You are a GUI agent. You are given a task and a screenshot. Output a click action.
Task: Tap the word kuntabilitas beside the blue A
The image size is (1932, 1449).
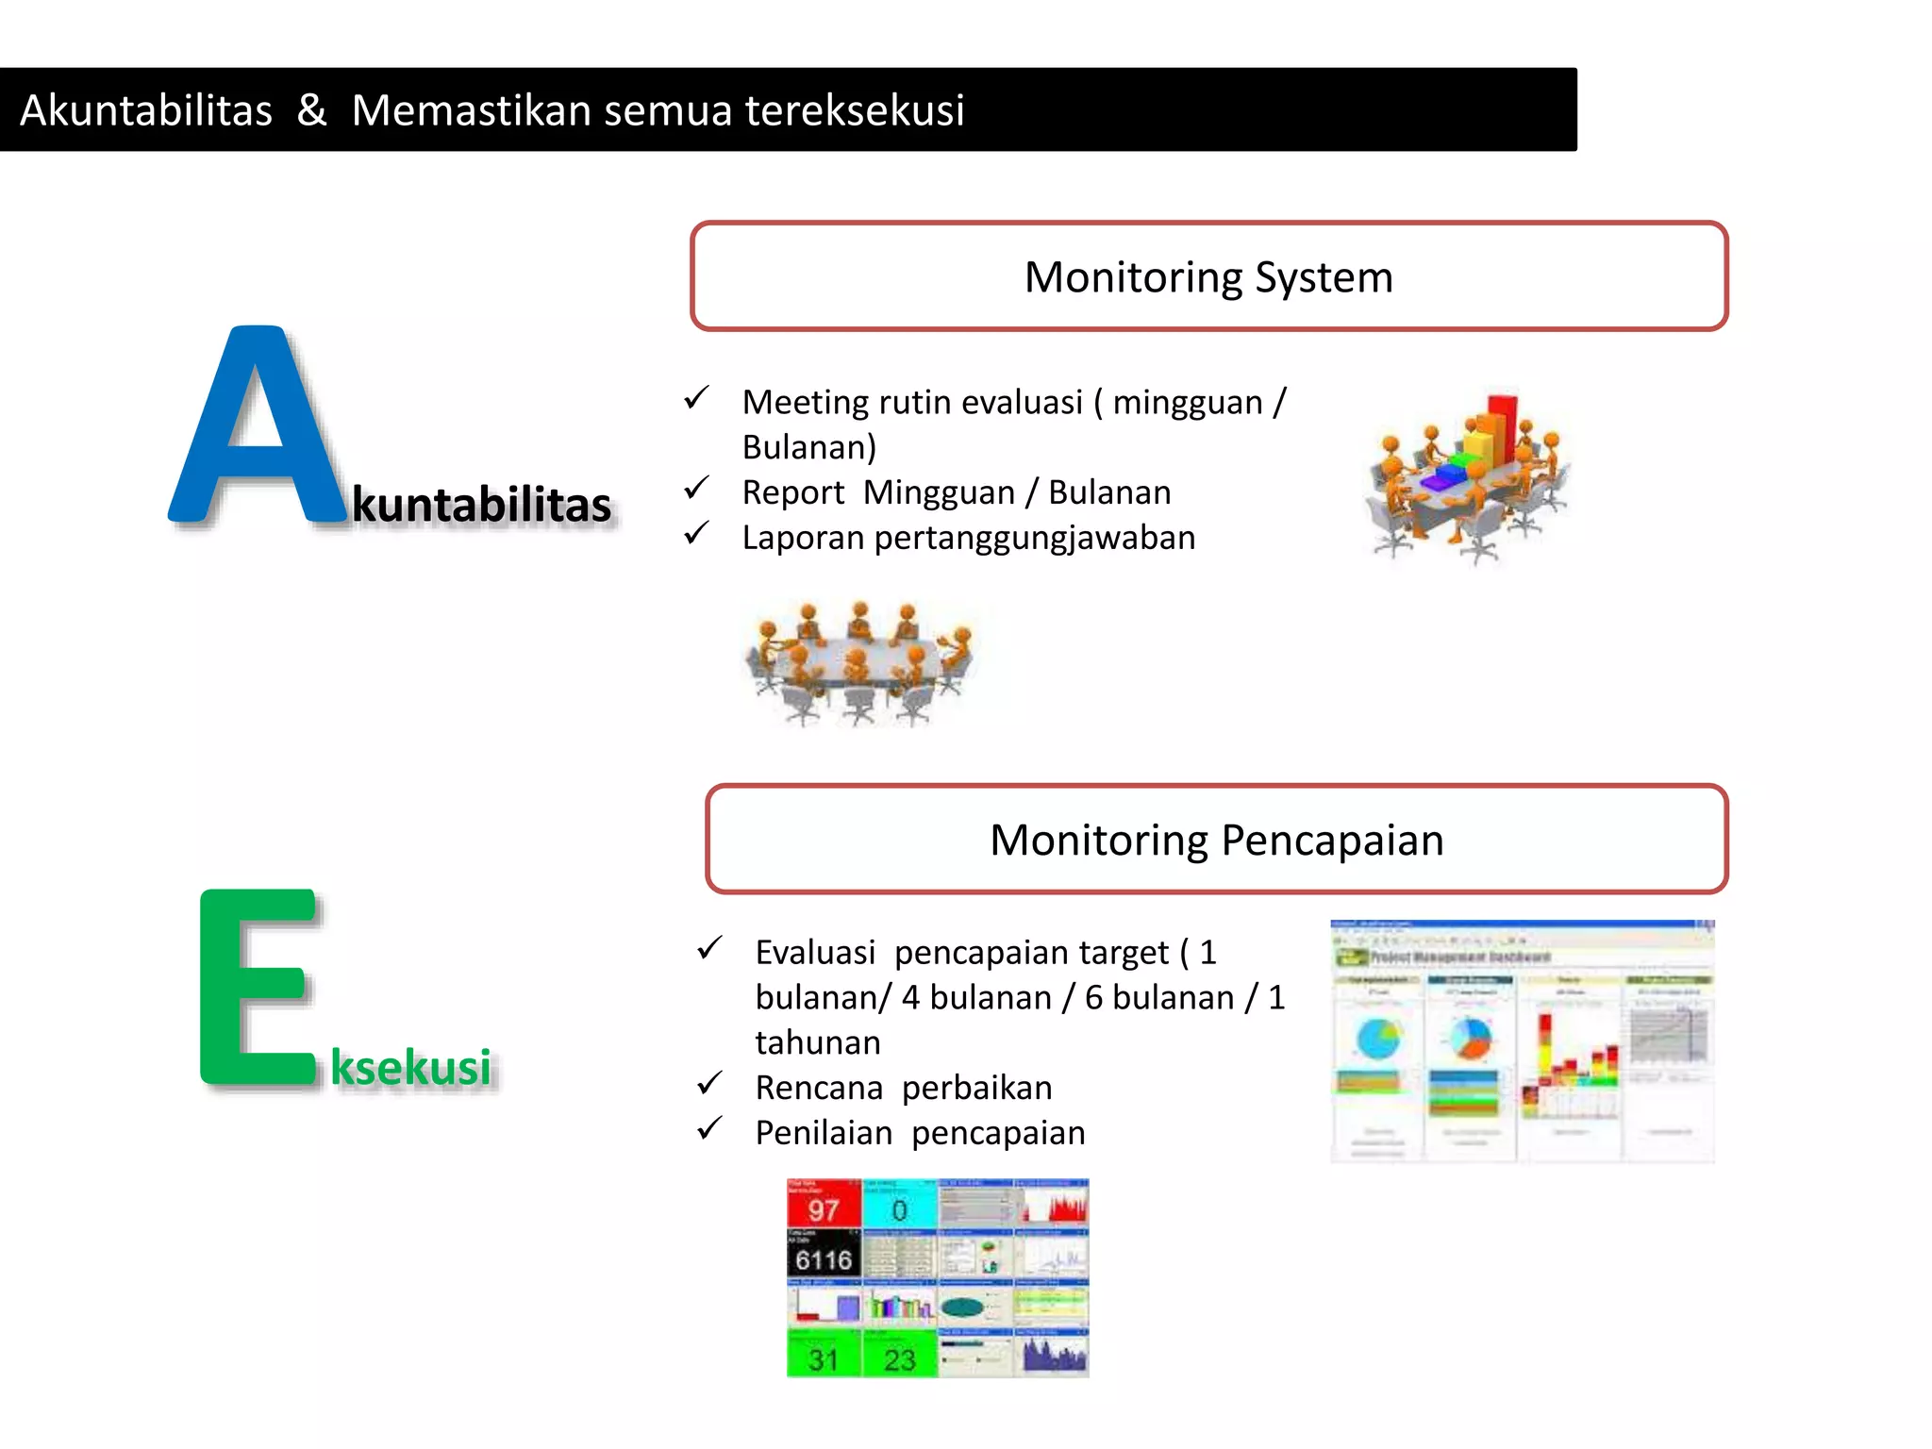482,505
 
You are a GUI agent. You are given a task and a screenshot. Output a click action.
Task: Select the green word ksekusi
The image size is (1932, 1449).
411,1067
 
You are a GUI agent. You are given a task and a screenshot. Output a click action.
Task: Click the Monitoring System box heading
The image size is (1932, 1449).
1208,277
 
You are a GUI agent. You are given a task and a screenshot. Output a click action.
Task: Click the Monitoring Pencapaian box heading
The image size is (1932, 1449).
1216,840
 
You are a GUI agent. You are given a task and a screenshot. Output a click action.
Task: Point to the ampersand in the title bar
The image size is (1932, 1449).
311,110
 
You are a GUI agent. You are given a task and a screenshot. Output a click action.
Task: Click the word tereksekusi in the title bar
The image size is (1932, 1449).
855,110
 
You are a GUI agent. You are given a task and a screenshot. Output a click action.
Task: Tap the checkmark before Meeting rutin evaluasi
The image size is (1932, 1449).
696,398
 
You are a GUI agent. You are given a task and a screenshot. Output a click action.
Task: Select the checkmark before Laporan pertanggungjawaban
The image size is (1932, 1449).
696,534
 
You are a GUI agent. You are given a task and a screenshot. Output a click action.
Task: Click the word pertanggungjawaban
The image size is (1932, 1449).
1035,538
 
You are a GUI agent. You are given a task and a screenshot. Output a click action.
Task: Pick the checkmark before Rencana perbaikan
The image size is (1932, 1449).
709,1084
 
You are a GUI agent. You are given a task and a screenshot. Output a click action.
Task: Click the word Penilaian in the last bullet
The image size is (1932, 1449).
824,1133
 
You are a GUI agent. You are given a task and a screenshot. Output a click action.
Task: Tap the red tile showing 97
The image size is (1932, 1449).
824,1205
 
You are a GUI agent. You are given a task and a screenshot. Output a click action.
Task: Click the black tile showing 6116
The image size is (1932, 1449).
824,1255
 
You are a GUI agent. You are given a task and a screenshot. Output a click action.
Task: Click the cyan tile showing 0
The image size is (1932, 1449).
899,1205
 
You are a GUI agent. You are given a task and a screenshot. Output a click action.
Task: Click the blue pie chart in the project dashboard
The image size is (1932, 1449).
1379,1040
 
